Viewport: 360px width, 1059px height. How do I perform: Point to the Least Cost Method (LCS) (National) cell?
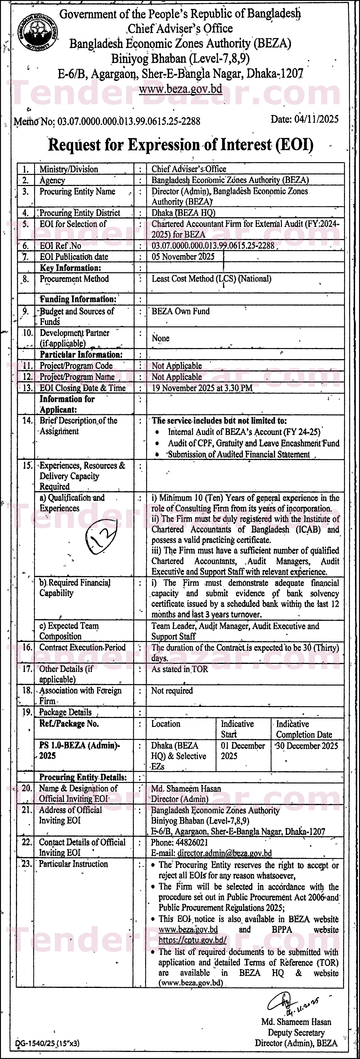[x=211, y=279]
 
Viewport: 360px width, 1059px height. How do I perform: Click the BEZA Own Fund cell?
[x=180, y=311]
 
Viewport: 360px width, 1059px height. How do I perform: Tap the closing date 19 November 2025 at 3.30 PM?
[x=202, y=388]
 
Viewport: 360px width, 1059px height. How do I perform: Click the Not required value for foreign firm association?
[x=172, y=691]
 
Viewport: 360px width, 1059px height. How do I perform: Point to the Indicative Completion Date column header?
[x=304, y=729]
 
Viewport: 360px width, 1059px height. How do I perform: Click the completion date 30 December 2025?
[x=307, y=746]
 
